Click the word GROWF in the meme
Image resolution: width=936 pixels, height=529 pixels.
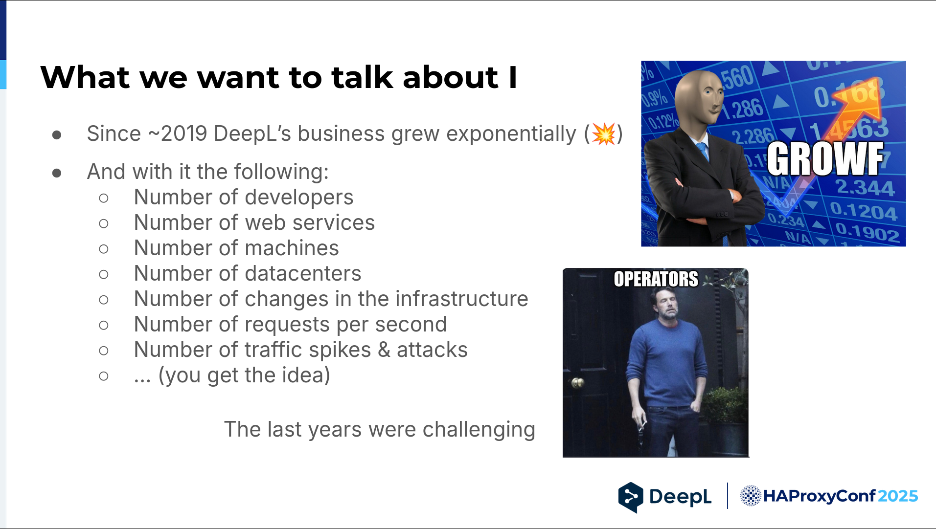tap(825, 159)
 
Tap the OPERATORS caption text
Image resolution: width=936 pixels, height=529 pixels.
tap(656, 279)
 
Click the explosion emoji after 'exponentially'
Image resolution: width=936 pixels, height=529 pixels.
tap(604, 133)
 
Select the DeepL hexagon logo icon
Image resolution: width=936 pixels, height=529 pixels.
tap(631, 497)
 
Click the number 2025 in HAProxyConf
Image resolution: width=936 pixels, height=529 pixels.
tap(898, 496)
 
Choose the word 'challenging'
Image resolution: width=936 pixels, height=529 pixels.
tap(479, 430)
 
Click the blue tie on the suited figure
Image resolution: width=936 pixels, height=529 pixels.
tap(703, 152)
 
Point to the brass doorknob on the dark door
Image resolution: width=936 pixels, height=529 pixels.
tap(578, 383)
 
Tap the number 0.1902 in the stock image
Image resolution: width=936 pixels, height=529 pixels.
tap(868, 232)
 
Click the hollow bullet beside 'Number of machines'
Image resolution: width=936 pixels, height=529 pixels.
tap(104, 249)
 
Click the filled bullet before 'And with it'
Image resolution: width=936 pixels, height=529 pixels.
tap(57, 173)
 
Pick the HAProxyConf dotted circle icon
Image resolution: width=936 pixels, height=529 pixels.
tap(750, 496)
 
